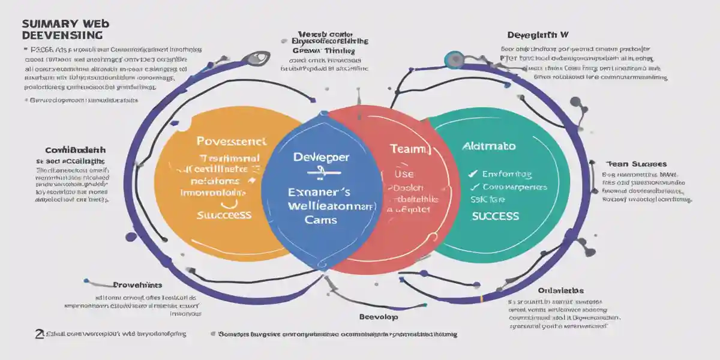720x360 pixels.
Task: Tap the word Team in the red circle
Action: point(410,149)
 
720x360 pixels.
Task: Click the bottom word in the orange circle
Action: point(224,214)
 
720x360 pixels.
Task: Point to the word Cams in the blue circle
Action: point(321,220)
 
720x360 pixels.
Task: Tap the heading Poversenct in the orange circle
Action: point(231,141)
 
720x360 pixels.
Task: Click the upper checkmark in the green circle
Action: point(472,174)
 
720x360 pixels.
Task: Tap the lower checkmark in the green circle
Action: point(472,187)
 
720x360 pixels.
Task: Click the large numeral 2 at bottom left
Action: point(38,334)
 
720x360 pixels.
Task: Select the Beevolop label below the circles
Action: point(378,316)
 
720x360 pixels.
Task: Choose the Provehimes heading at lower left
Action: point(137,285)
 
